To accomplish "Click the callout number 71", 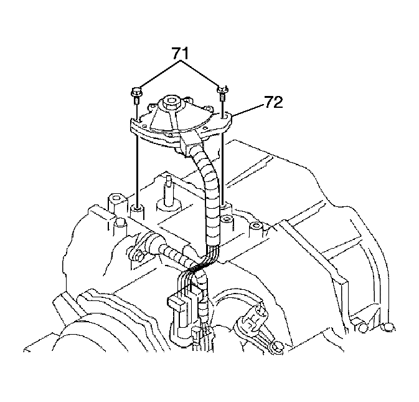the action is [180, 53].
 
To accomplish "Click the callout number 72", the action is [273, 102].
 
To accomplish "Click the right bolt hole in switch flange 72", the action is [224, 115].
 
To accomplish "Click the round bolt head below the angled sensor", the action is [278, 347].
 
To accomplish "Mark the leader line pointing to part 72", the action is [248, 110].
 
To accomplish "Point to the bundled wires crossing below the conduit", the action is [203, 264].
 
